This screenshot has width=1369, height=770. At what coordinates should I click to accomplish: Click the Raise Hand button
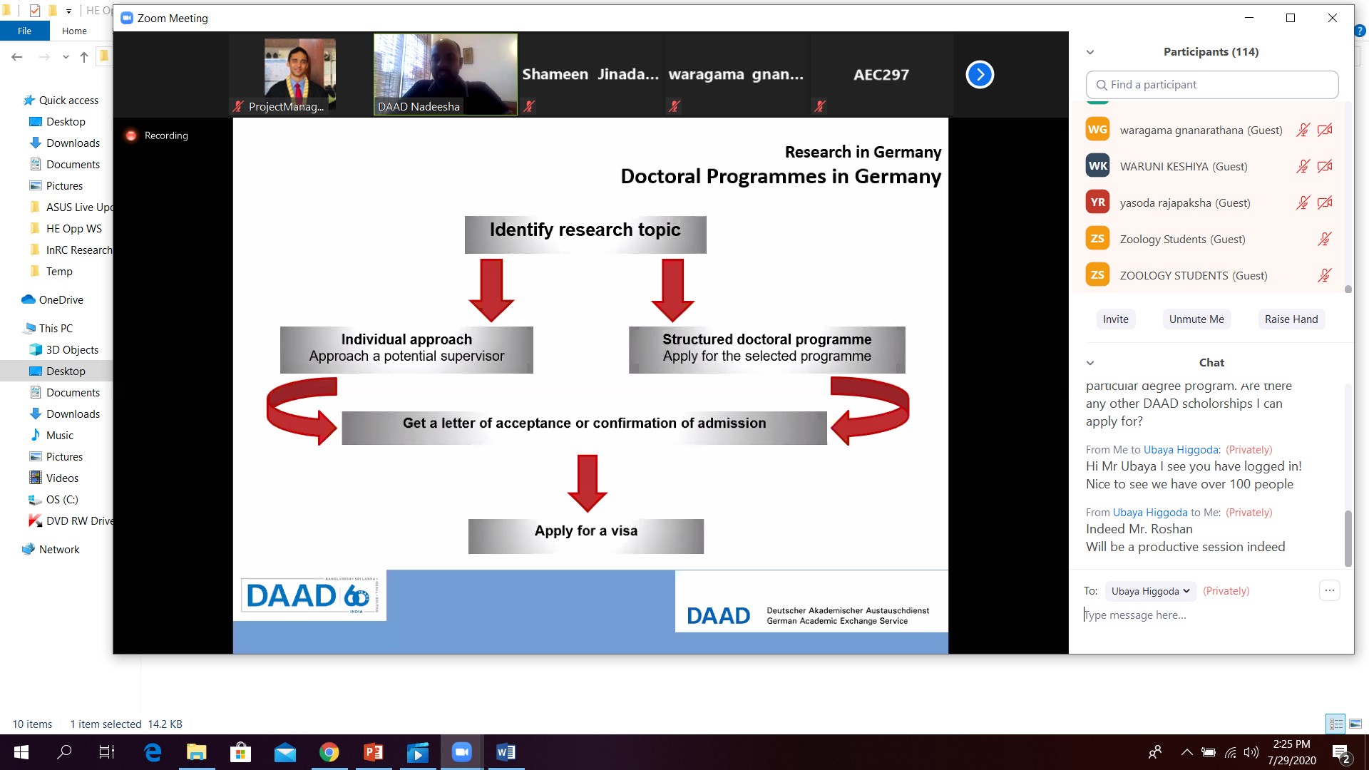[1291, 319]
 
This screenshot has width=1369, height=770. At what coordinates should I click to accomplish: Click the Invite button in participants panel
[1115, 319]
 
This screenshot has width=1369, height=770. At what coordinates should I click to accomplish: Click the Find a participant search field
[1211, 85]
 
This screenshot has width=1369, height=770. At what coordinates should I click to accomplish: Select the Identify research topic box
[585, 235]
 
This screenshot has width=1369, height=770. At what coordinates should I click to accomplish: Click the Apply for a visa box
[586, 536]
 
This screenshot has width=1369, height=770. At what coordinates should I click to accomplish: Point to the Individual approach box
[406, 349]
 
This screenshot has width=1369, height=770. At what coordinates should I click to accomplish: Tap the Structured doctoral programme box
[766, 349]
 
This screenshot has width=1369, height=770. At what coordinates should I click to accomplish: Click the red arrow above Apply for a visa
[587, 483]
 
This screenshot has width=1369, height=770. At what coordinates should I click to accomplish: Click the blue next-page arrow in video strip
[980, 74]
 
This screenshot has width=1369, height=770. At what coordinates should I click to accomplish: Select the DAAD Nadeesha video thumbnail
[446, 74]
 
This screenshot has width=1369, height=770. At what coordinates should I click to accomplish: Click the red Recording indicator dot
[131, 135]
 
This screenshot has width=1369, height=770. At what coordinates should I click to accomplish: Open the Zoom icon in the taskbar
[462, 752]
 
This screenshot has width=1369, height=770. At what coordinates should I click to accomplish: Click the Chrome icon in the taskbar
[329, 752]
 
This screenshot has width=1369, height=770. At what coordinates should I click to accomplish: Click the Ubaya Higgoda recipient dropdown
[1150, 591]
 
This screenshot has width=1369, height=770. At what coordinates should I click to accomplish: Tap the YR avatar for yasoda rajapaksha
[1097, 202]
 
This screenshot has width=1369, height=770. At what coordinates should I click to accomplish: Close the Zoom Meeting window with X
[1332, 18]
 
